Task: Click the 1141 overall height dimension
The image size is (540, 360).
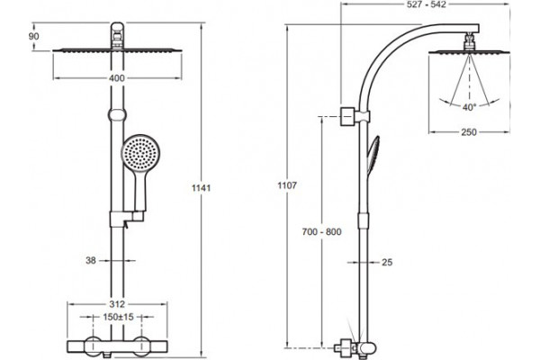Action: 201,188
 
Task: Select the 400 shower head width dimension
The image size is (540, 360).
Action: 117,78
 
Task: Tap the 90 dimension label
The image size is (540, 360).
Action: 34,36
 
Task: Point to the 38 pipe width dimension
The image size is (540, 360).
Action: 91,260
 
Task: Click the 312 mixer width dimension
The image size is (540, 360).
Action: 117,304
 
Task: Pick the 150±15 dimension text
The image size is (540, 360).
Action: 118,317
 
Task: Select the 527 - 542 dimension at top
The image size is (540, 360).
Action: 427,4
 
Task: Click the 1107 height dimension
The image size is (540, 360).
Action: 287,185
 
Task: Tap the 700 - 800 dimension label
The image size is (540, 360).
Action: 321,232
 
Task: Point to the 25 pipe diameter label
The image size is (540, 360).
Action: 387,262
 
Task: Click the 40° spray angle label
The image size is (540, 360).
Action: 469,107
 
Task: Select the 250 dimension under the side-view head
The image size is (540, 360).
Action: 469,132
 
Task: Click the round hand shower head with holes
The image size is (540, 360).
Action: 141,153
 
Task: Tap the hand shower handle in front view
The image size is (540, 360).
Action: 141,191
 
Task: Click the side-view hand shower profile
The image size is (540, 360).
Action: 373,155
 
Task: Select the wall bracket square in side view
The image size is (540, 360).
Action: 347,117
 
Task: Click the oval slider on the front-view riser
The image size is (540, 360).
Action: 117,114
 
